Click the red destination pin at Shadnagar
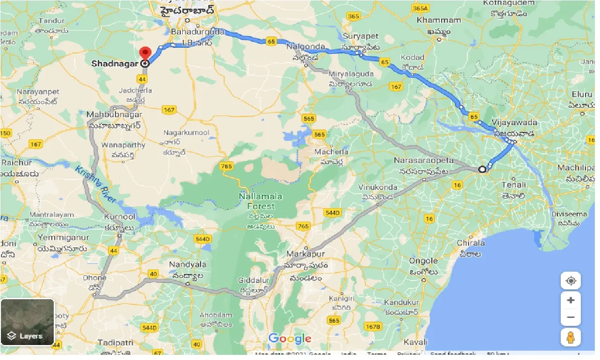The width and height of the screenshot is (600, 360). (x=146, y=53)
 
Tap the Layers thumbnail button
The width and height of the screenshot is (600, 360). (x=28, y=322)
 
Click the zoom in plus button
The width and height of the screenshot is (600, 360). (x=571, y=300)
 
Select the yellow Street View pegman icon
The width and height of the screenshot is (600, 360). (x=571, y=337)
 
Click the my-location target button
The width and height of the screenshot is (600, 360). (x=571, y=281)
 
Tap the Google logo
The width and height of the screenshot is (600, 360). (x=290, y=338)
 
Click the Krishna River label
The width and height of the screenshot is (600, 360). (x=96, y=184)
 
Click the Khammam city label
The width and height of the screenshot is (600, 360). (x=439, y=21)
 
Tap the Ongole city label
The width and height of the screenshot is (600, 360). (x=423, y=261)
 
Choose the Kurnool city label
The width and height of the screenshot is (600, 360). (x=120, y=217)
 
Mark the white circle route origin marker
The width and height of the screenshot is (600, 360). (x=482, y=169)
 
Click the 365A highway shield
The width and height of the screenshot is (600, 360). (x=421, y=8)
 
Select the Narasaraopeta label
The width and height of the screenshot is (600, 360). (x=424, y=160)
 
